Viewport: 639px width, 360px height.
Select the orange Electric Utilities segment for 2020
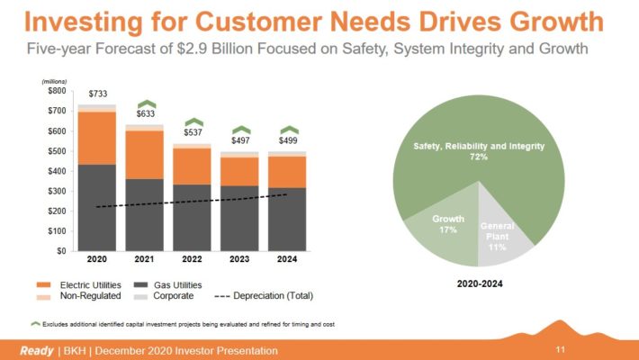[96, 138]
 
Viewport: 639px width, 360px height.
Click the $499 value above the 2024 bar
[289, 141]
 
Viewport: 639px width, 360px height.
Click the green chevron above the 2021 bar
[145, 104]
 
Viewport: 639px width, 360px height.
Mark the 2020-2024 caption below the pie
[480, 282]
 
